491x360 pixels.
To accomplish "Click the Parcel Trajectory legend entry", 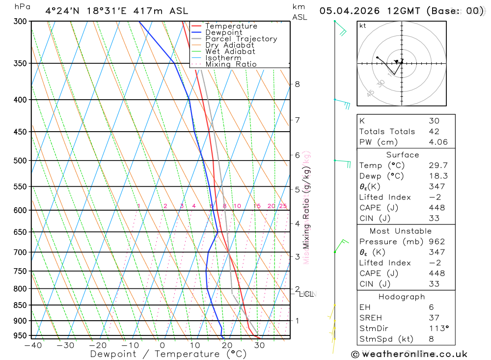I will (x=241, y=39).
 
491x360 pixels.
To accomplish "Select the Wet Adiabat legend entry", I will (x=230, y=52).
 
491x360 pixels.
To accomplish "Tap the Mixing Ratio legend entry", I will (x=231, y=64).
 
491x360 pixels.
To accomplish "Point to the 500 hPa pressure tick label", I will (x=20, y=161).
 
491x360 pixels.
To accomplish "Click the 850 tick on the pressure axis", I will (x=20, y=305).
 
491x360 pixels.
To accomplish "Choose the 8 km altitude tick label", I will (x=297, y=84).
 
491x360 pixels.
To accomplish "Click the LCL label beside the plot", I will (x=306, y=294).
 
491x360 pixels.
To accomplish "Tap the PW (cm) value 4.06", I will (x=437, y=142).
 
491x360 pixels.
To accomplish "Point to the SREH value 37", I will (x=434, y=318).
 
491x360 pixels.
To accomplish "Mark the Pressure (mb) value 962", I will (x=436, y=242).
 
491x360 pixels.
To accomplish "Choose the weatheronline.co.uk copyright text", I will (x=409, y=354).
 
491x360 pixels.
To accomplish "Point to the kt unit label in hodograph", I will (x=363, y=26).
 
